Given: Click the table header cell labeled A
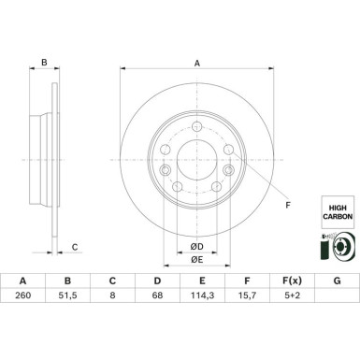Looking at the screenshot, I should pyautogui.click(x=22, y=307).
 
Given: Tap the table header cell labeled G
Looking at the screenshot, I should pyautogui.click(x=337, y=307).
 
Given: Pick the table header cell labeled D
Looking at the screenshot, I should pyautogui.click(x=157, y=307).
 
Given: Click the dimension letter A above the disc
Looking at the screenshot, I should pyautogui.click(x=196, y=64).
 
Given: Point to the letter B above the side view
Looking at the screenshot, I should pyautogui.click(x=43, y=64).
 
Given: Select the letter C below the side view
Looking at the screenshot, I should pyautogui.click(x=74, y=247).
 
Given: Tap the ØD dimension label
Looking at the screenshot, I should pyautogui.click(x=195, y=246).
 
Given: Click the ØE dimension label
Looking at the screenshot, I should pyautogui.click(x=195, y=259).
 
